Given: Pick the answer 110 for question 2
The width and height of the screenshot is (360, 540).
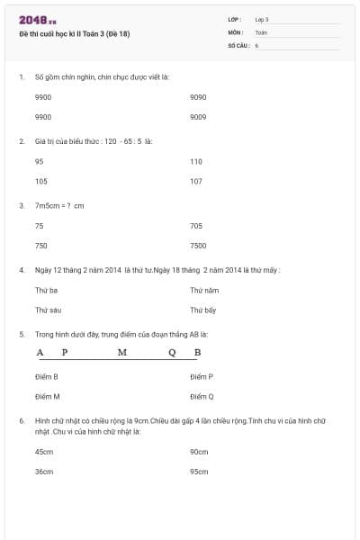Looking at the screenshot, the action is coord(196,161).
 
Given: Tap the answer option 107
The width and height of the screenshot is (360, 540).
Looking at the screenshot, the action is coord(196,181).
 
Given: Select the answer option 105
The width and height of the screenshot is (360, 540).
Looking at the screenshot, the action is coord(40,181).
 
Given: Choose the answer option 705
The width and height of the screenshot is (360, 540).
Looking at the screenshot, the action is coord(196,226).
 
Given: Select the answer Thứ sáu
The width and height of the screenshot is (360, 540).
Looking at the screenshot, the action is coord(47,310).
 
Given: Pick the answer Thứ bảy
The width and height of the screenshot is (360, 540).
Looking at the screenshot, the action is coord(203,310).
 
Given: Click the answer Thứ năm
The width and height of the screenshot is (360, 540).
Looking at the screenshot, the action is coord(204,290).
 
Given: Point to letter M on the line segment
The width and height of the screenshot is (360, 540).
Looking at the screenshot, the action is coord(121,352).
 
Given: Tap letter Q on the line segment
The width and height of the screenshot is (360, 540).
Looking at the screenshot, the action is coord(171,352).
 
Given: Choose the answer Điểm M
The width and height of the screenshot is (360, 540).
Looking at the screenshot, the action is coord(48,396).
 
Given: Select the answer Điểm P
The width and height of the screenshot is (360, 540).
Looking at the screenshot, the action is coord(202,376).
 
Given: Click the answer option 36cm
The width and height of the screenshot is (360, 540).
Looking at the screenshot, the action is coord(44,471).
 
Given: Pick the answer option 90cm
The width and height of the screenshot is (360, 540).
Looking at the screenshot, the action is coord(199,451).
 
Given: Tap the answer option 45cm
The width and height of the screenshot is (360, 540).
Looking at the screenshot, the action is coord(44,451).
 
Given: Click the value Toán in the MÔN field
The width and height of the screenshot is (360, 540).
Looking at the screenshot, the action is coord(261,31).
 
